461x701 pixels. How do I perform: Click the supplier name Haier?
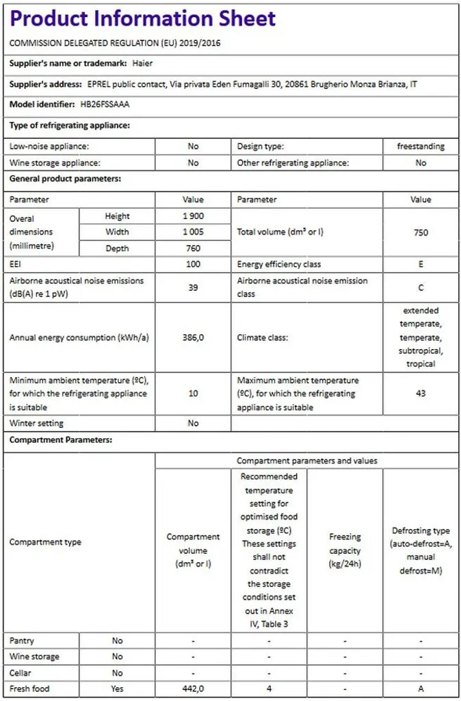(141, 64)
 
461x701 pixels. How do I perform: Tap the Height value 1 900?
(193, 216)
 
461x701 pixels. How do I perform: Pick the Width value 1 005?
(193, 232)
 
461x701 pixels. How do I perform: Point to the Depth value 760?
(193, 248)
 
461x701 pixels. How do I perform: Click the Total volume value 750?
(421, 232)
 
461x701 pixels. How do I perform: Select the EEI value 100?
(193, 264)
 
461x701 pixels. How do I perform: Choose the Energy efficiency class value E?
(421, 264)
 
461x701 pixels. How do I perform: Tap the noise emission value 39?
(193, 288)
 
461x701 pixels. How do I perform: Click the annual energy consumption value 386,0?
(193, 337)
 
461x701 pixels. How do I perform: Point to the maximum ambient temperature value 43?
(421, 394)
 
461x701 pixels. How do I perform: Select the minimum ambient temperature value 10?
(193, 394)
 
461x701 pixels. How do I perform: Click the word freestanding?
(421, 146)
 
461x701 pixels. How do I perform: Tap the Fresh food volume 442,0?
(193, 689)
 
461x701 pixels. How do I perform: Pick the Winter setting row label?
(37, 423)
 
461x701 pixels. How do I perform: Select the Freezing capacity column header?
(345, 550)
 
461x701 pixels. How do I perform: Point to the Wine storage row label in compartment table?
(34, 657)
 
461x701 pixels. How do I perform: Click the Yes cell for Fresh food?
(117, 689)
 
